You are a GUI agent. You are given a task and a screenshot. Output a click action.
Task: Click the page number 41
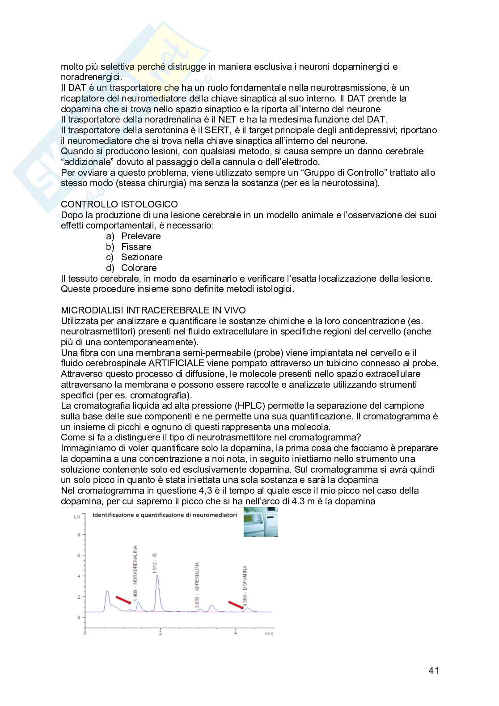[433, 670]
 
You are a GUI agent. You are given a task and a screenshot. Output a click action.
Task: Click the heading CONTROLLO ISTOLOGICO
[119, 204]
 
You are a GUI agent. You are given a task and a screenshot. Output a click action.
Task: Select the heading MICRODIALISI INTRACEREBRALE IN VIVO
[153, 310]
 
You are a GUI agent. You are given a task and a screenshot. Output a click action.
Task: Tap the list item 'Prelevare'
[141, 236]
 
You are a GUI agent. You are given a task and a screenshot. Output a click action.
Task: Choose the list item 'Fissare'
[136, 247]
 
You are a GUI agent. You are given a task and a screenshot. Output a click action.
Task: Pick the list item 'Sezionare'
[142, 257]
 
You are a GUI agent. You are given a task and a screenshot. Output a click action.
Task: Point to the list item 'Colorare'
[139, 268]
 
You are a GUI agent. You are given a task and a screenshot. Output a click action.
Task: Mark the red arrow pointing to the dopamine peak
[236, 605]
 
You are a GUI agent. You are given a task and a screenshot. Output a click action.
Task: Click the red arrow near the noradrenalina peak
[123, 600]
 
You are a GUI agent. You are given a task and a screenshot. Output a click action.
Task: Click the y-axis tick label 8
[79, 534]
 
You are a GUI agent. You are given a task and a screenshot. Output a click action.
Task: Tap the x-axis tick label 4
[236, 633]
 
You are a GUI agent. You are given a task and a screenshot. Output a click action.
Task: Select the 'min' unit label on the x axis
[269, 633]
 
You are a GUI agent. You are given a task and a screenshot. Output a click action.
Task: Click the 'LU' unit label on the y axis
[77, 517]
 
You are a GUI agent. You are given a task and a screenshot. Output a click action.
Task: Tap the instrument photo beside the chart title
[261, 522]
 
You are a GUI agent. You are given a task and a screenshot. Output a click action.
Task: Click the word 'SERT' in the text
[216, 130]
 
